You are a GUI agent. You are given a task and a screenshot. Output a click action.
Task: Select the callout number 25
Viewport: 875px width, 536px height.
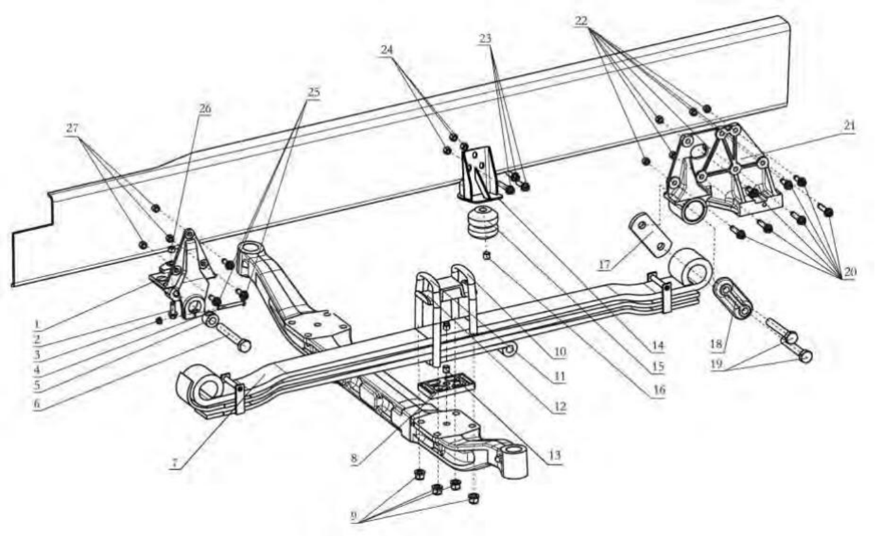coord(314,92)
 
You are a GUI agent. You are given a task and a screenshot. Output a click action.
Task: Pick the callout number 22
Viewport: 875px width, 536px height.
coord(582,21)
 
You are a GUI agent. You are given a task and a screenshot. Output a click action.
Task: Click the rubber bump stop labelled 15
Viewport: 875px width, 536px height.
coord(483,225)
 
